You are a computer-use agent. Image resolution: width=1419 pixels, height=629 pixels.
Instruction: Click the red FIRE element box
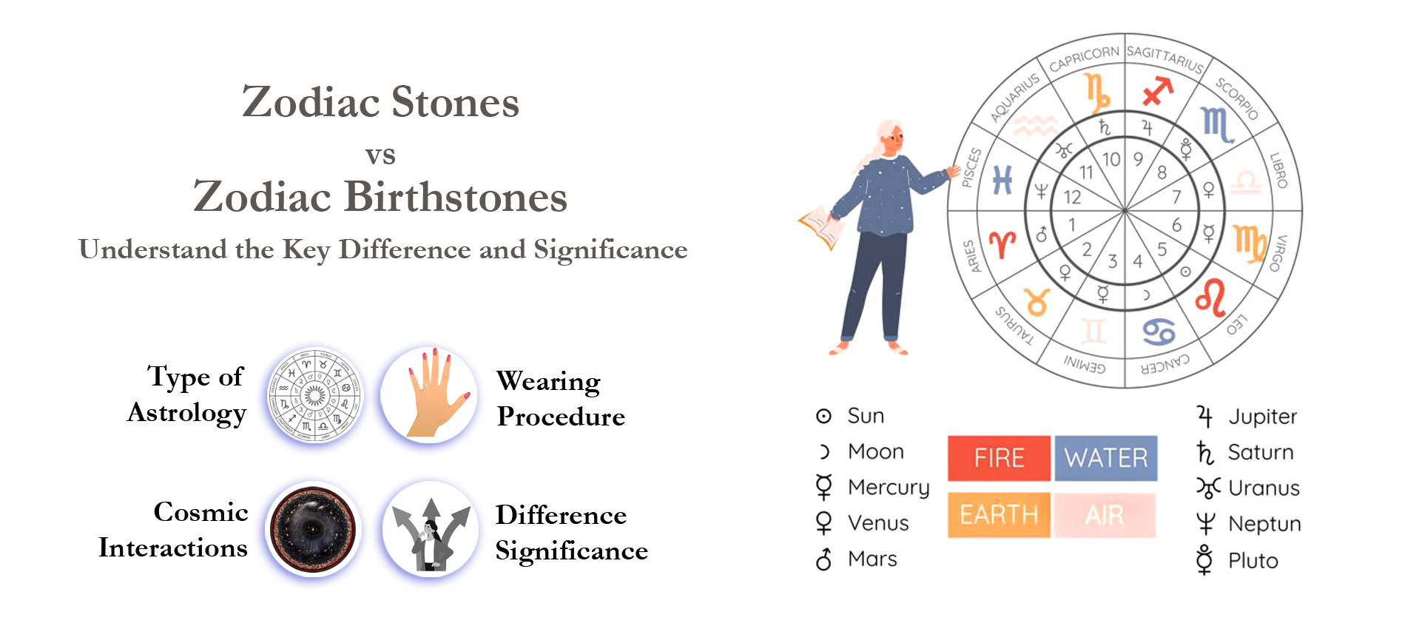(x=999, y=458)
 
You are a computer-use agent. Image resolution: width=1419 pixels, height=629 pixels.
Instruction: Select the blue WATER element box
(x=1105, y=458)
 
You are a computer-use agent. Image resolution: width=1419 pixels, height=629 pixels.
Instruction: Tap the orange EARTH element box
(x=999, y=514)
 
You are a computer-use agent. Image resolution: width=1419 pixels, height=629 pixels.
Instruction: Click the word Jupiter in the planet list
(x=1262, y=417)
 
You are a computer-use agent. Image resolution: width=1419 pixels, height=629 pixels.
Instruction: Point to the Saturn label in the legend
(x=1260, y=452)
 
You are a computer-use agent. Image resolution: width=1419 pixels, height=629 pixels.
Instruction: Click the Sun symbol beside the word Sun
(x=823, y=416)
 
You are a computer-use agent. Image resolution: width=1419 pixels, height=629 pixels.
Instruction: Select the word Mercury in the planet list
(x=888, y=488)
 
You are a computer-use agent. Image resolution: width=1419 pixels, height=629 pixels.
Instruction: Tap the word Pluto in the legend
(x=1253, y=561)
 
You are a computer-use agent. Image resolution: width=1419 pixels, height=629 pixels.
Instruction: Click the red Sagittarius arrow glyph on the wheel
(x=1158, y=91)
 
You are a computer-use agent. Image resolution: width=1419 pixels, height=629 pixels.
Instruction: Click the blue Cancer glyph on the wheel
(x=1158, y=332)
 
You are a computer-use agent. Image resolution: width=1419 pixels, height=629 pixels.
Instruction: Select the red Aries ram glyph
(x=1002, y=243)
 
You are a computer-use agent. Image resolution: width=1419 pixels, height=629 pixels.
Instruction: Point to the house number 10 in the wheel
(x=1110, y=159)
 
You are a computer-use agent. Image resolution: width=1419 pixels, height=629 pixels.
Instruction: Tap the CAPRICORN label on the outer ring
(x=1084, y=58)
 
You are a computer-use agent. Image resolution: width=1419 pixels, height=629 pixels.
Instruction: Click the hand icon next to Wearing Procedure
(x=430, y=394)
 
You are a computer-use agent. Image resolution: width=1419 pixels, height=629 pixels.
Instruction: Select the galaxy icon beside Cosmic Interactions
(x=314, y=530)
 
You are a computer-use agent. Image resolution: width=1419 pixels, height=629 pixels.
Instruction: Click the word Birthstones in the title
(x=455, y=197)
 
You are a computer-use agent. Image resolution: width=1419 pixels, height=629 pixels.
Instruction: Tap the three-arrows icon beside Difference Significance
(x=431, y=530)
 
